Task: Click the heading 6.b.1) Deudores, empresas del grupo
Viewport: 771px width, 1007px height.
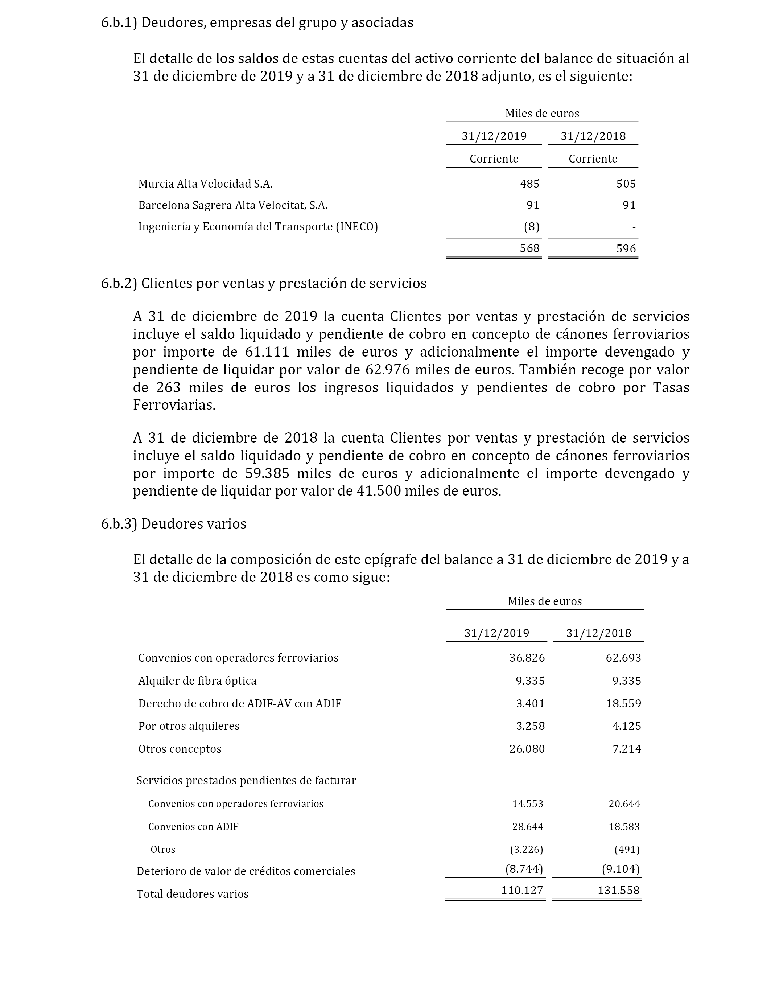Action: pyautogui.click(x=257, y=22)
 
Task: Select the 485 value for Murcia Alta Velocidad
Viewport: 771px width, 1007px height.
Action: pyautogui.click(x=529, y=184)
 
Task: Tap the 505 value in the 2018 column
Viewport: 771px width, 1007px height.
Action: pyautogui.click(x=626, y=184)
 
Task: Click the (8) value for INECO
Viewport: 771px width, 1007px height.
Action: pyautogui.click(x=531, y=226)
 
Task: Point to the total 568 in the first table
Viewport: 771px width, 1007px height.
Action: pyautogui.click(x=529, y=248)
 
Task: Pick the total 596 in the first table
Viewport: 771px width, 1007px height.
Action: pyautogui.click(x=626, y=248)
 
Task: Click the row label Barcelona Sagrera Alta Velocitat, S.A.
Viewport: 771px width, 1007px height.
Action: pyautogui.click(x=233, y=205)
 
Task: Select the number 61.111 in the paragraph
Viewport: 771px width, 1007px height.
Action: pyautogui.click(x=264, y=352)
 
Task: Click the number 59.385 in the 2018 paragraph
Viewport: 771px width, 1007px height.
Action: pyautogui.click(x=264, y=473)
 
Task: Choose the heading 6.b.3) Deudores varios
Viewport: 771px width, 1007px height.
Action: pyautogui.click(x=173, y=524)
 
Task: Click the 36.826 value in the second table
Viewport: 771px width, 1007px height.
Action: pyautogui.click(x=527, y=658)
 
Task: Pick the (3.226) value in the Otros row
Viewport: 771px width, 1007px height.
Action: pyautogui.click(x=527, y=849)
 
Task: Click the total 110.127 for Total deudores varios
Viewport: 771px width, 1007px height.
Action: pyautogui.click(x=522, y=891)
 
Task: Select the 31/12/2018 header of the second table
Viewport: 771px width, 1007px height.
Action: pyautogui.click(x=598, y=633)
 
